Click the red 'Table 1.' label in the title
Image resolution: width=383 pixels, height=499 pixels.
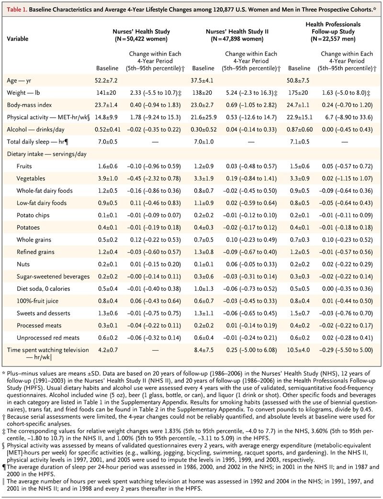[x=17, y=9]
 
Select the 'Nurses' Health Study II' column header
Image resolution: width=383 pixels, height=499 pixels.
[x=237, y=32]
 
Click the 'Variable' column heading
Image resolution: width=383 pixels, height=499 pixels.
[x=18, y=39]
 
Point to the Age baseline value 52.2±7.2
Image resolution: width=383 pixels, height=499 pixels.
[x=106, y=80]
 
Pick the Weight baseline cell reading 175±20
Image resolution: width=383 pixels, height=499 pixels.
[x=298, y=93]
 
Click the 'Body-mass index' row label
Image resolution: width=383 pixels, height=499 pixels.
[x=29, y=105]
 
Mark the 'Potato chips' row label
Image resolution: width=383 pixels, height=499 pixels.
[x=33, y=215]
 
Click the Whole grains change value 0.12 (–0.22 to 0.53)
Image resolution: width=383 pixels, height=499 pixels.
[x=156, y=240]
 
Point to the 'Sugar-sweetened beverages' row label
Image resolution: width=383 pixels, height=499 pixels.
[x=53, y=277]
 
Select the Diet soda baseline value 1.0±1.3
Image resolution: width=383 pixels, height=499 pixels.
[x=204, y=289]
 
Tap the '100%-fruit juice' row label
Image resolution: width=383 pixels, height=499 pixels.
[x=37, y=301]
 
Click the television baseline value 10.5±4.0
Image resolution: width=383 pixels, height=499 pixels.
[x=298, y=350]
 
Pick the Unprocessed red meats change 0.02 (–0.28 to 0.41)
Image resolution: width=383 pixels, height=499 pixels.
[x=347, y=338]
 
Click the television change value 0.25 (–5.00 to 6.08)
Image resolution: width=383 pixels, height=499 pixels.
[x=251, y=350]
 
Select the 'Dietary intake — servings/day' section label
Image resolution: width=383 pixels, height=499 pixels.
[x=47, y=154]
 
